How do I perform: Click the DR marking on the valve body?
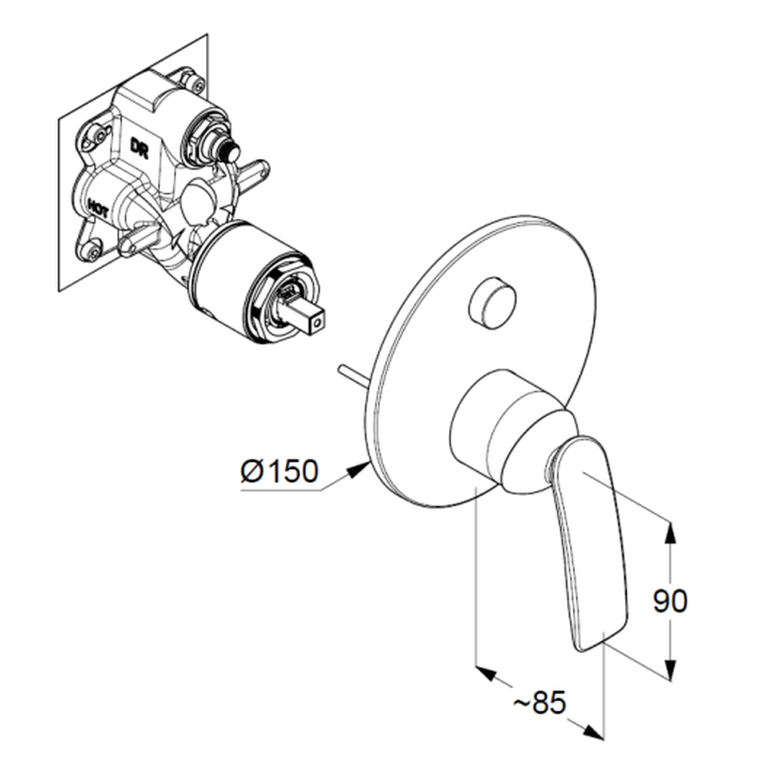pyautogui.click(x=139, y=147)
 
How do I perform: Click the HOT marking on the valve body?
pyautogui.click(x=98, y=209)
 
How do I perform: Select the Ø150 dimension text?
pyautogui.click(x=279, y=471)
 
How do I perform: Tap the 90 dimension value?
pyautogui.click(x=670, y=601)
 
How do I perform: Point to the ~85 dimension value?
pyautogui.click(x=539, y=703)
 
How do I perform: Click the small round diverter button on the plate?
pyautogui.click(x=491, y=302)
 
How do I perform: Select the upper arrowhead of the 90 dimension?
pyautogui.click(x=671, y=532)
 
